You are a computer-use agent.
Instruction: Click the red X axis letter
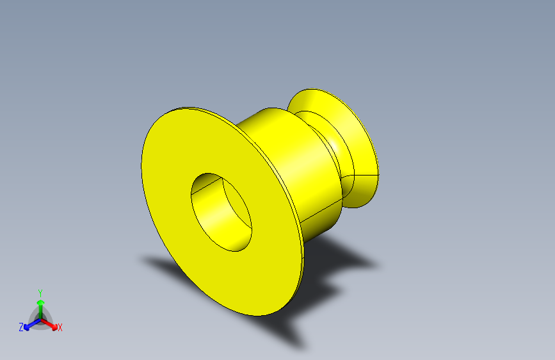point(60,327)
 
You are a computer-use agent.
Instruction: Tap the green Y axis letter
point(40,291)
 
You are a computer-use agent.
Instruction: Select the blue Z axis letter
point(21,327)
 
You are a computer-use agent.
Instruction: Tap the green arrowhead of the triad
point(40,301)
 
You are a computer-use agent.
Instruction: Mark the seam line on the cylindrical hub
point(320,213)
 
